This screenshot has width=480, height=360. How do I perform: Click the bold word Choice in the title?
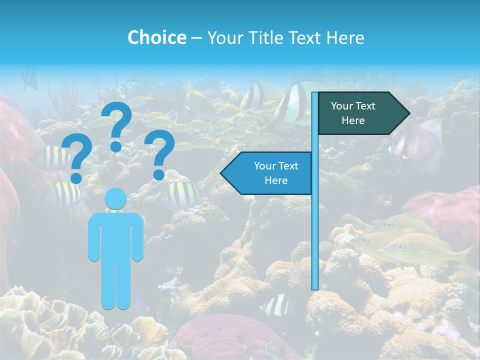coord(156,37)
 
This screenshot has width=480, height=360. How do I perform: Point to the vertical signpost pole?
coord(315,225)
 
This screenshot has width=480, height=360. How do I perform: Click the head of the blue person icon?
coord(116,199)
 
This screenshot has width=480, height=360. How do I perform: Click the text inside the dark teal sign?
coord(353,113)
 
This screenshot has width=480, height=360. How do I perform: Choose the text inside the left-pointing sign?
coord(276,173)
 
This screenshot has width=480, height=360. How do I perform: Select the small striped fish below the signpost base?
coord(276,305)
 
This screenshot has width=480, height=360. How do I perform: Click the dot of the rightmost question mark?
coord(159,174)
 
